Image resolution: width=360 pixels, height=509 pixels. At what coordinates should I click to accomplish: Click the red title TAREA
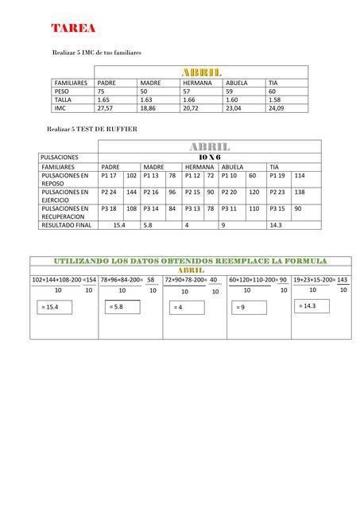click(x=74, y=29)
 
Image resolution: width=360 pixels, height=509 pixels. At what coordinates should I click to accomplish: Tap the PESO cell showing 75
click(x=101, y=91)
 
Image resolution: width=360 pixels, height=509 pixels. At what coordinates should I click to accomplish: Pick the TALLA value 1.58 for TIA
click(x=275, y=100)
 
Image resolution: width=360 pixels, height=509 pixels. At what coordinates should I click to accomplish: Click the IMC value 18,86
click(x=148, y=108)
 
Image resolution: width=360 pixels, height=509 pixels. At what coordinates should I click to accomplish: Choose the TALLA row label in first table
click(x=63, y=100)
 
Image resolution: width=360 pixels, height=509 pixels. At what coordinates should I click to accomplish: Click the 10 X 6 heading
click(x=209, y=157)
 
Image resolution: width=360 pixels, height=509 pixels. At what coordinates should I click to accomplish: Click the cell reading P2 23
click(x=277, y=192)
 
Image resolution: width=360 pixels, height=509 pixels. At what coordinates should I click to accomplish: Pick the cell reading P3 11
click(x=230, y=208)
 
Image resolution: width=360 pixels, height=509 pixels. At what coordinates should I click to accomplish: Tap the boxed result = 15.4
click(x=50, y=306)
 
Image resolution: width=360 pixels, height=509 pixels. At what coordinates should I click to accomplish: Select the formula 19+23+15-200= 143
click(x=320, y=280)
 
